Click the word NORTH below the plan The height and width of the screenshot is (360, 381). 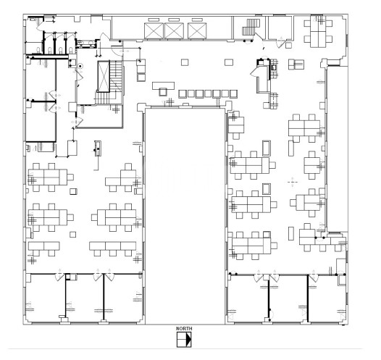tap(184, 328)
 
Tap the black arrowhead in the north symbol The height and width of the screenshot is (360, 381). tap(189, 339)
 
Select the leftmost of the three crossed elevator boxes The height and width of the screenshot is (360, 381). tap(154, 31)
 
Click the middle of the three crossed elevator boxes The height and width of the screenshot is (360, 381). tap(174, 31)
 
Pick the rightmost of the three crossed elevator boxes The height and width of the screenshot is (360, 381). tap(197, 31)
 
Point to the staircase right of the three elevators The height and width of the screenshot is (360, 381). tap(251, 28)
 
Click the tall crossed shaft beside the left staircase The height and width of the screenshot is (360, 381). tap(104, 76)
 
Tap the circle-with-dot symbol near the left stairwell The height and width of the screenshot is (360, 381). tap(80, 66)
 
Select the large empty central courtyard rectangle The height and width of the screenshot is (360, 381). tap(185, 216)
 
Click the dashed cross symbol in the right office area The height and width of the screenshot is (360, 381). tap(293, 182)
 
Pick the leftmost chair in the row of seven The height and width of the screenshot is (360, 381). tap(183, 93)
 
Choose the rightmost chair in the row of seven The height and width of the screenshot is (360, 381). tap(233, 93)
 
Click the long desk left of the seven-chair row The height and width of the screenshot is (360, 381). tap(163, 85)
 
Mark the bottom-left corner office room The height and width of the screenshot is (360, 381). tap(46, 298)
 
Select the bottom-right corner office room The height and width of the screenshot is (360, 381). tap(327, 298)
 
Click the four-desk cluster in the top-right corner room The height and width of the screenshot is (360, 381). tap(318, 31)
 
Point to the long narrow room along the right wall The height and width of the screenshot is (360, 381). tap(337, 148)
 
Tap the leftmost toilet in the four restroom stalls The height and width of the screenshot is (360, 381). tap(38, 50)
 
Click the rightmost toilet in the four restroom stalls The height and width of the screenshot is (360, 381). tap(71, 50)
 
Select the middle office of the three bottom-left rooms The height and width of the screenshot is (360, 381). tap(85, 298)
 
